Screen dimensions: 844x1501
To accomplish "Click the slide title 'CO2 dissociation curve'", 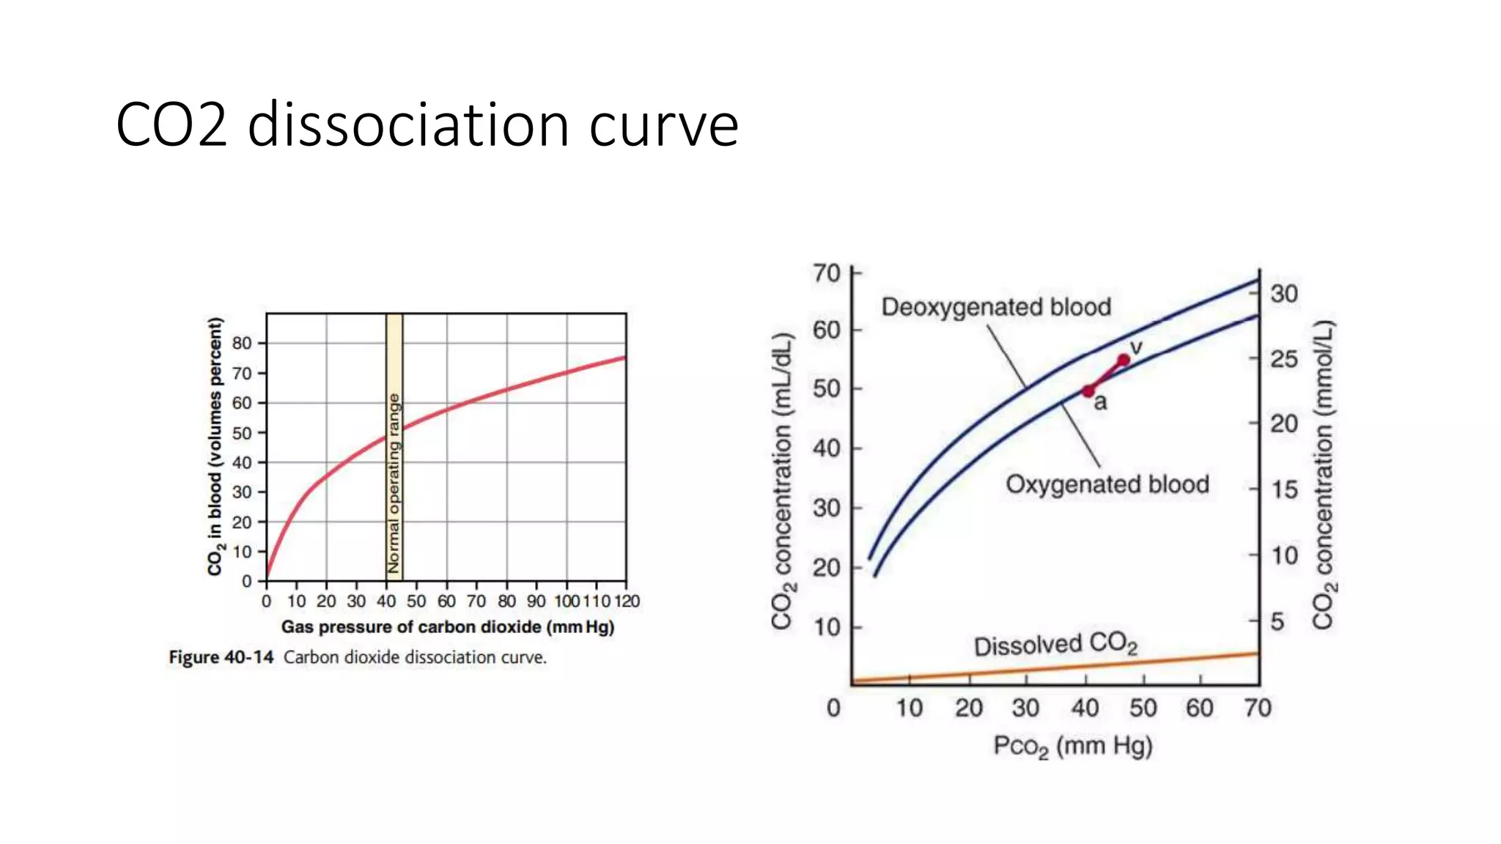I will click(x=427, y=125).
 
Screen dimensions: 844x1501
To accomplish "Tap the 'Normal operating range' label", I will click(x=394, y=484).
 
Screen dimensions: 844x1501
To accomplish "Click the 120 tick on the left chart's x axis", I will click(x=627, y=601).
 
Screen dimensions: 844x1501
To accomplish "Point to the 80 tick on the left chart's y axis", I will click(x=242, y=343).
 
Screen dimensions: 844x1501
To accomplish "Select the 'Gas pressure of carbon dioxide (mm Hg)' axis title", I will click(x=447, y=627).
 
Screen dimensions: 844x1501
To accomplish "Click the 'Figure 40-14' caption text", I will click(x=221, y=657).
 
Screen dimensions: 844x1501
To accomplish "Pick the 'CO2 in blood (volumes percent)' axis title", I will click(x=215, y=446).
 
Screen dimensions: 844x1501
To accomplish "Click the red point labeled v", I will click(x=1124, y=360).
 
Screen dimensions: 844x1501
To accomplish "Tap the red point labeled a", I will click(x=1088, y=391).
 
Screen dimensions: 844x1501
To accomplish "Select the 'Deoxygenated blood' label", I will click(x=996, y=307).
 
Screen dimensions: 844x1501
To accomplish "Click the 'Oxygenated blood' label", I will click(x=1107, y=484).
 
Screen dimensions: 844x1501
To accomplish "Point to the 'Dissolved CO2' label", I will click(x=1055, y=645).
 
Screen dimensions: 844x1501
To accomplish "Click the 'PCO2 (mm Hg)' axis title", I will click(x=1073, y=747).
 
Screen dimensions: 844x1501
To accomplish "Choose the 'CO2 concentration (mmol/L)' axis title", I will click(x=1324, y=475).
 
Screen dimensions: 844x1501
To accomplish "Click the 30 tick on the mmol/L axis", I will click(x=1284, y=294).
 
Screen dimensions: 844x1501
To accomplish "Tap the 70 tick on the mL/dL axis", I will click(x=827, y=273).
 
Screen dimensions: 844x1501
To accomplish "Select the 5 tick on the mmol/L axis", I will click(x=1277, y=621).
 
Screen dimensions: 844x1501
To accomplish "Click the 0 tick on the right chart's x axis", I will click(x=833, y=708).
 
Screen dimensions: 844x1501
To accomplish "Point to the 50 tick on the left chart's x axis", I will click(x=416, y=601).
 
